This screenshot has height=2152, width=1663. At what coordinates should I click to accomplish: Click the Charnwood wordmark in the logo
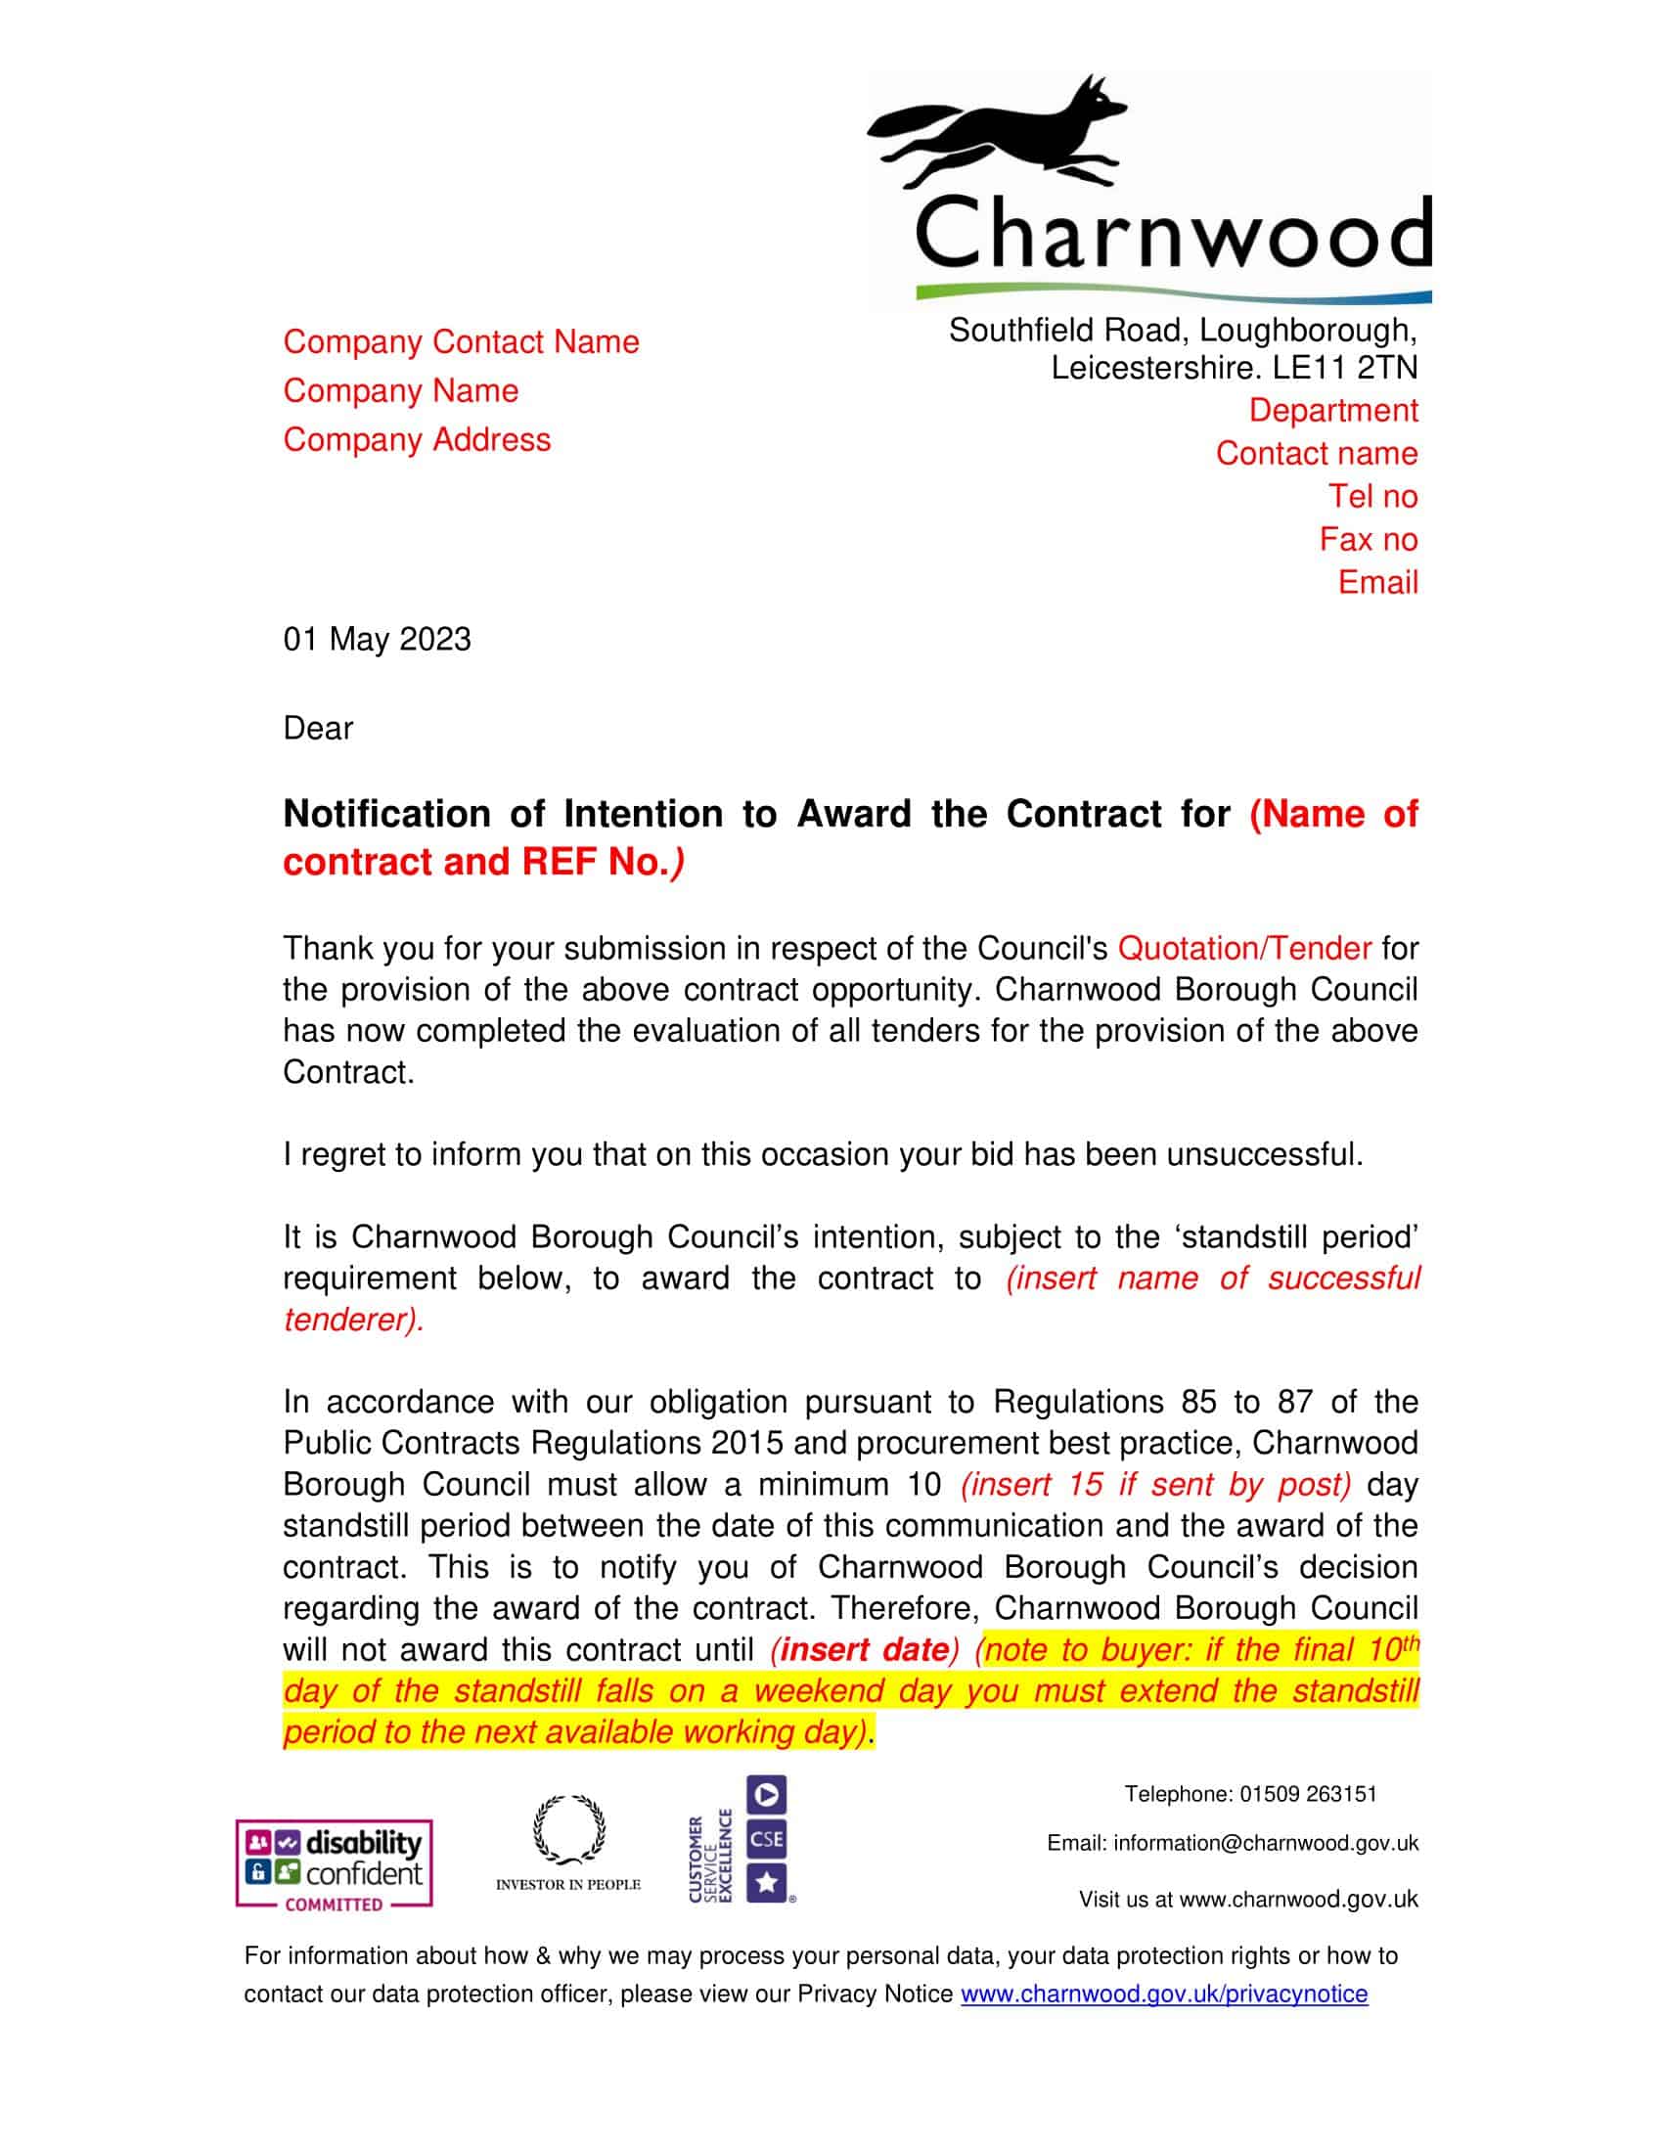(1172, 235)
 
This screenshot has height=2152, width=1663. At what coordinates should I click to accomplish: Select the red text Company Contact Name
(461, 342)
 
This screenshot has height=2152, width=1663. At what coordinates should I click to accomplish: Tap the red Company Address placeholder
(417, 439)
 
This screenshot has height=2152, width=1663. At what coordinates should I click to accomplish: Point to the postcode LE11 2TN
(1345, 368)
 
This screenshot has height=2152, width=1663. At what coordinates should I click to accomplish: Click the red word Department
(1333, 410)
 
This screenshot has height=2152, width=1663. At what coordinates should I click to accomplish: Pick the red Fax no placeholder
(1369, 539)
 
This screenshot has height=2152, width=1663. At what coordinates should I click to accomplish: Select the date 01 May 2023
(378, 640)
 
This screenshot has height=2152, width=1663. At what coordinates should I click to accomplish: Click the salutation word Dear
(318, 728)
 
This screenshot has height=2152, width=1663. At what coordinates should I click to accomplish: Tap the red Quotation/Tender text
(1244, 948)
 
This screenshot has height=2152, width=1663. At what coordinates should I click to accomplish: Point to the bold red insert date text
(864, 1649)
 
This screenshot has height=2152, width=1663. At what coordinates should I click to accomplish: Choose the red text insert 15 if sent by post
(1155, 1484)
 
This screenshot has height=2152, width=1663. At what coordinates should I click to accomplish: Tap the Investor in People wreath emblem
(568, 1833)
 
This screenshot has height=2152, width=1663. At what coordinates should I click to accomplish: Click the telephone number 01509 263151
(1307, 1793)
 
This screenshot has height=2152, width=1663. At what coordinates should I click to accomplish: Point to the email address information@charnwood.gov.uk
(1266, 1843)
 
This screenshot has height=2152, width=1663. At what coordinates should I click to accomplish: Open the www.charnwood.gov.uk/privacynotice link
(1163, 1994)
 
